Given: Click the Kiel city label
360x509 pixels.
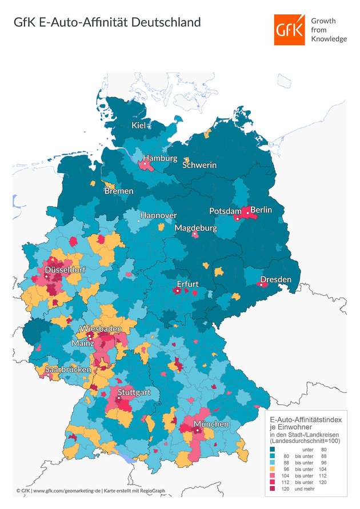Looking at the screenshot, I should point(139,126).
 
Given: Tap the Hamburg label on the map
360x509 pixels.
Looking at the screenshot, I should point(161,158).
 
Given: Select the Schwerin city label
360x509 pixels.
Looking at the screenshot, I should point(199,165).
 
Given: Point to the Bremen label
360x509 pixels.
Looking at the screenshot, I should point(118,191).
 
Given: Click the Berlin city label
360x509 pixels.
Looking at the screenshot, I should point(261,210).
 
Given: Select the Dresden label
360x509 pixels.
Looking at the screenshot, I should point(275,280).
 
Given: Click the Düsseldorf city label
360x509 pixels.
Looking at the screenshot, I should point(62,272).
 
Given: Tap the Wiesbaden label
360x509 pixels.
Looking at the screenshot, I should point(101,330).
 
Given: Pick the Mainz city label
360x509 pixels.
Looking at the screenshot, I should point(83,343).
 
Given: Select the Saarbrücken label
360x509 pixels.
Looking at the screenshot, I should point(68,370).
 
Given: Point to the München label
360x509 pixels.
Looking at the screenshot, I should point(211,424).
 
